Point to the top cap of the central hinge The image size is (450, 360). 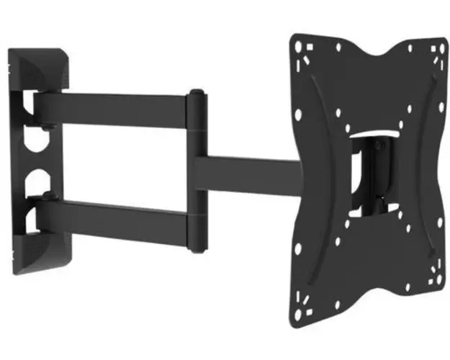(x=195, y=94)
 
